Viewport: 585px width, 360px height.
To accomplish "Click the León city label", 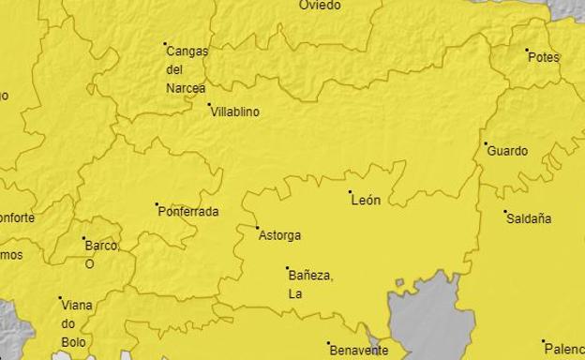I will tap(366, 201).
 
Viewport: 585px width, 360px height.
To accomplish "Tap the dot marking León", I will tap(351, 192).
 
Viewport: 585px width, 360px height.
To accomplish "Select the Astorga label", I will tap(279, 235).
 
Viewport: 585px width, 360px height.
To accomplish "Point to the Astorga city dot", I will tap(258, 227).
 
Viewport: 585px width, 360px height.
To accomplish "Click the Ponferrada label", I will tap(187, 212).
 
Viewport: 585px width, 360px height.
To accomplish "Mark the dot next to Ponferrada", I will tap(157, 203).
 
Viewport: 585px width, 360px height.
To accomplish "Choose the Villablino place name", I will tap(235, 112).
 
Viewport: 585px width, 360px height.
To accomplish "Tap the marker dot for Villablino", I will tap(210, 105).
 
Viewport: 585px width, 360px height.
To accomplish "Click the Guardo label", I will tap(508, 151).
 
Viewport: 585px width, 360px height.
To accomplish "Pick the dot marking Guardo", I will tap(487, 143).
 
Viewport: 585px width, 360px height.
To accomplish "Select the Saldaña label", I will tap(529, 219).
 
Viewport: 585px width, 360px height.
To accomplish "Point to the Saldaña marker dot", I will tap(505, 212).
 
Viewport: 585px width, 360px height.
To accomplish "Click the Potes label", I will tap(544, 57).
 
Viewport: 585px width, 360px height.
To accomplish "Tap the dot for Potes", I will tap(527, 50).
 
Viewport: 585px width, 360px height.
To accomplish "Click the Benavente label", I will tap(359, 351).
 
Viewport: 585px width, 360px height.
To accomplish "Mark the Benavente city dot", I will tap(329, 343).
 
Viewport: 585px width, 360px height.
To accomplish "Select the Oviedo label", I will tap(320, 6).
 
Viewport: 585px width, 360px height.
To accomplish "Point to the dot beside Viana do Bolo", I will tap(61, 298).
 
